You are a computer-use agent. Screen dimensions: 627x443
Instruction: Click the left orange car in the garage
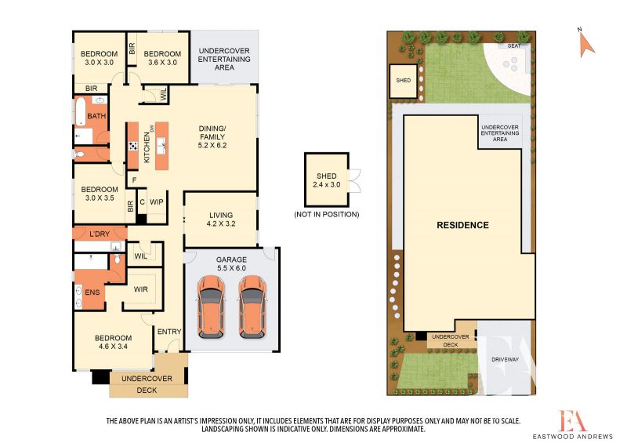point(211,307)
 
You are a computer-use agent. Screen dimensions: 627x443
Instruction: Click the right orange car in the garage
point(252,307)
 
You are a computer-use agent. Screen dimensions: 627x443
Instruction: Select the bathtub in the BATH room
point(81,111)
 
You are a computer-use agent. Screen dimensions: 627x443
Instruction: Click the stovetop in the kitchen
point(133,146)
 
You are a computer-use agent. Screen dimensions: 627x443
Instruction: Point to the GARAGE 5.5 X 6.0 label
point(231,263)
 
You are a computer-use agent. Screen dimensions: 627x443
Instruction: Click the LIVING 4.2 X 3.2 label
point(221,220)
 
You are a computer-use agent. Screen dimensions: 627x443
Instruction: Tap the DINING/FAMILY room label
point(212,137)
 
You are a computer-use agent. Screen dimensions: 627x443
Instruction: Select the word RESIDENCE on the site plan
point(462,225)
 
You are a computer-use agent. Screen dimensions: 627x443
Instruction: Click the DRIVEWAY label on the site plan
point(505,359)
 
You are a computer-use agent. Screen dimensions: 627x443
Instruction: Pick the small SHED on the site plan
point(403,81)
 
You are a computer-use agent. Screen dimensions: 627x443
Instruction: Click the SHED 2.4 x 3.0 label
point(327,180)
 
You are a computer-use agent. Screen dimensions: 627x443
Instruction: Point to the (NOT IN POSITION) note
point(327,215)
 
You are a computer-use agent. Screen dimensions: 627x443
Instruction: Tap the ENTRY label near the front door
point(169,332)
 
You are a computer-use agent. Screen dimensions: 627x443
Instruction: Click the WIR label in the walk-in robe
point(141,289)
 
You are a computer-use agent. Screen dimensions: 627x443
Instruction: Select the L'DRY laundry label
point(100,234)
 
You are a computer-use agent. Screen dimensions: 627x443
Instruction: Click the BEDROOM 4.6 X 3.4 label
point(113,342)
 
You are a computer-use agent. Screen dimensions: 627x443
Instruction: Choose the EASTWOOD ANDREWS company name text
point(573,436)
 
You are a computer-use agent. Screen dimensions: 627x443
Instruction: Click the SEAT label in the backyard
point(514,46)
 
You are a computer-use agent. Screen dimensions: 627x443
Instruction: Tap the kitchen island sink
point(162,146)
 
